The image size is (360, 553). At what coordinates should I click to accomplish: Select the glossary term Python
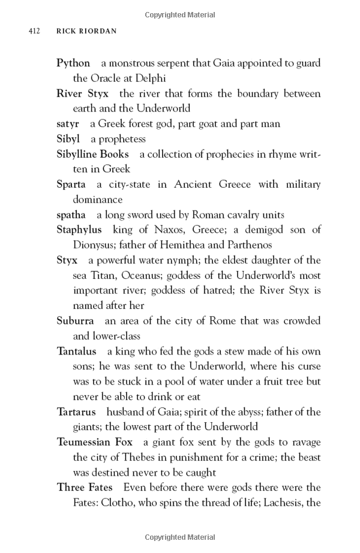tap(73, 63)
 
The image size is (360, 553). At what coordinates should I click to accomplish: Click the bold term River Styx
tap(82, 94)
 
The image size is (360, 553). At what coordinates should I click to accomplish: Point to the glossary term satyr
tap(68, 124)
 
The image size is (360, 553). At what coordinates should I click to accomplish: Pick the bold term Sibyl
tap(68, 139)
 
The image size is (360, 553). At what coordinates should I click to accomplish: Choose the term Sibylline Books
tap(92, 154)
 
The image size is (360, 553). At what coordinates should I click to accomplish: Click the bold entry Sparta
tap(71, 184)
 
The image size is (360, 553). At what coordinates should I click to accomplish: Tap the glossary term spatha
tap(71, 215)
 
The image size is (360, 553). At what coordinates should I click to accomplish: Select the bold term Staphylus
tap(79, 230)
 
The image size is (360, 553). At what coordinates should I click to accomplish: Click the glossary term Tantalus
tap(76, 351)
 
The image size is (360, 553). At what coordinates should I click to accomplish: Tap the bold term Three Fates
tap(84, 487)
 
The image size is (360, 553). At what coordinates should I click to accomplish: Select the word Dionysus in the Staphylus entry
tap(94, 245)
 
